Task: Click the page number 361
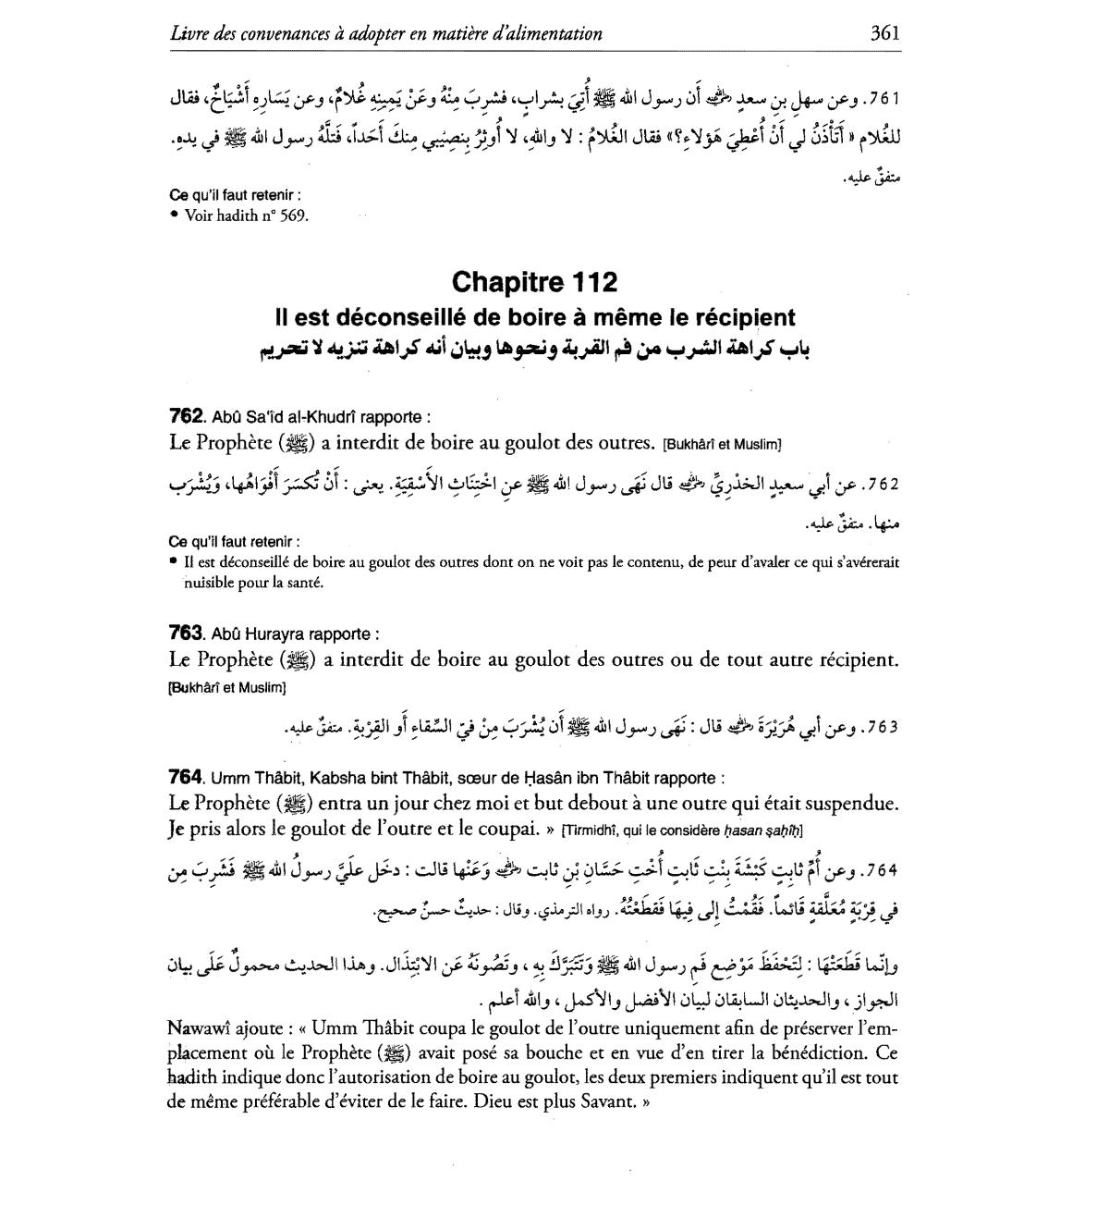tap(884, 33)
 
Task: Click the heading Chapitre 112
tap(535, 281)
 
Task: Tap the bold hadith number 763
tap(186, 633)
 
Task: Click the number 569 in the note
tap(292, 215)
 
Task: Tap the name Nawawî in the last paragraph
tap(200, 1028)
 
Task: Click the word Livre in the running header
tap(188, 34)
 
